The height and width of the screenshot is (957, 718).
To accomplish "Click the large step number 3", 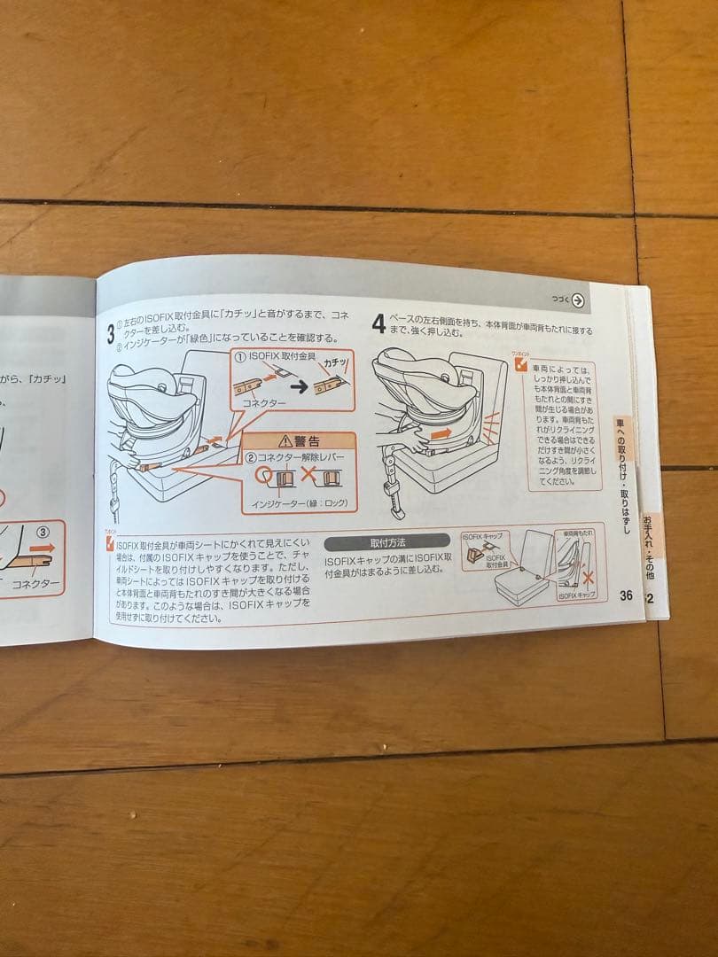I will click(111, 333).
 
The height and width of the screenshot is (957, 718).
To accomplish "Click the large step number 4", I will click(379, 323).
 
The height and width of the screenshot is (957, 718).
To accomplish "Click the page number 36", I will click(626, 595).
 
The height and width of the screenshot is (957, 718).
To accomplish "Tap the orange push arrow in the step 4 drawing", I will click(441, 434).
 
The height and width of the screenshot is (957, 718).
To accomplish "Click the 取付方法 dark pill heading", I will click(386, 542).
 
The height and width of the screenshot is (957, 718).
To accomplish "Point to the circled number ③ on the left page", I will click(41, 533).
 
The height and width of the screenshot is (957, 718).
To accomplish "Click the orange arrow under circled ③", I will click(41, 549).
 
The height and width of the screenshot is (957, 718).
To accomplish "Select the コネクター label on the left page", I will click(35, 585).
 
